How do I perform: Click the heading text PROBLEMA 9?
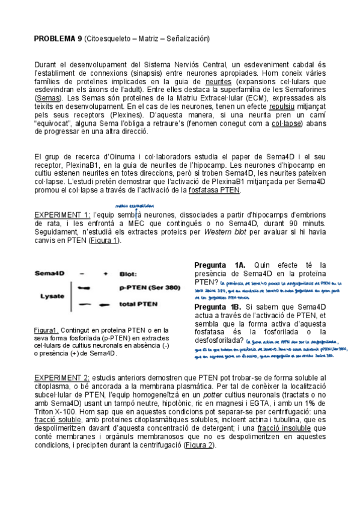click(x=58, y=39)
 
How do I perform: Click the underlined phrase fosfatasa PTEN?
click(x=214, y=190)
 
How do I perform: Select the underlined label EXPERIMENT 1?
click(x=62, y=215)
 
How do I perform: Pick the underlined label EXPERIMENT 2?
click(x=62, y=377)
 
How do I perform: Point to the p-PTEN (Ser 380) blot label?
click(x=147, y=288)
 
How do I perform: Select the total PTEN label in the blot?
click(x=139, y=304)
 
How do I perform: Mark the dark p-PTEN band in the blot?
click(x=84, y=287)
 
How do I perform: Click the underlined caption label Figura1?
click(x=46, y=330)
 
